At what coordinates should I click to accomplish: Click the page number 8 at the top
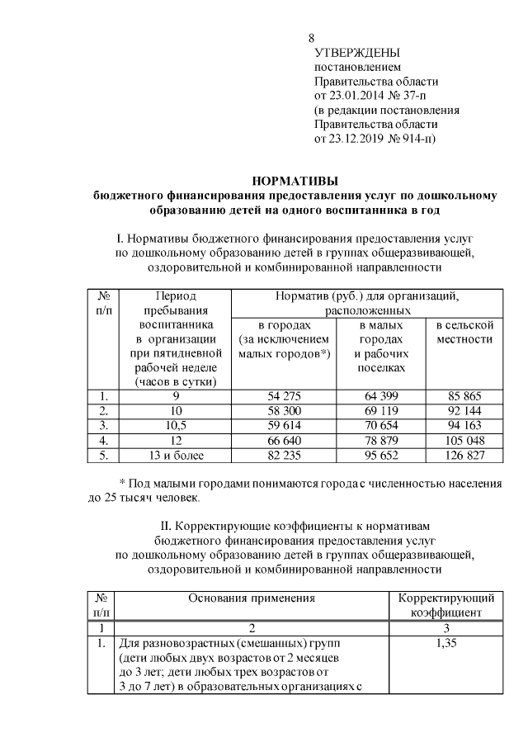(311, 39)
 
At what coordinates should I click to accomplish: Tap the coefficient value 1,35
(446, 642)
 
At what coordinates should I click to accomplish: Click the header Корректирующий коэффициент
(446, 605)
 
